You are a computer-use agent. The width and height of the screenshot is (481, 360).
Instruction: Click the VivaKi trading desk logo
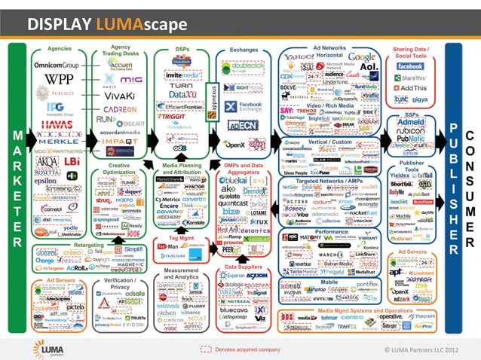[119, 96]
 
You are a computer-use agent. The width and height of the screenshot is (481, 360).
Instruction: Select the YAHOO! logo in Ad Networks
[299, 57]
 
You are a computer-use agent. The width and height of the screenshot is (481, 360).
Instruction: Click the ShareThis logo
[410, 77]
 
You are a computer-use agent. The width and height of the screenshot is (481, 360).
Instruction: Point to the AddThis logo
[411, 87]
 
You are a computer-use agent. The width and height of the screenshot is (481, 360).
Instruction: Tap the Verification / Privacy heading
[121, 282]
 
